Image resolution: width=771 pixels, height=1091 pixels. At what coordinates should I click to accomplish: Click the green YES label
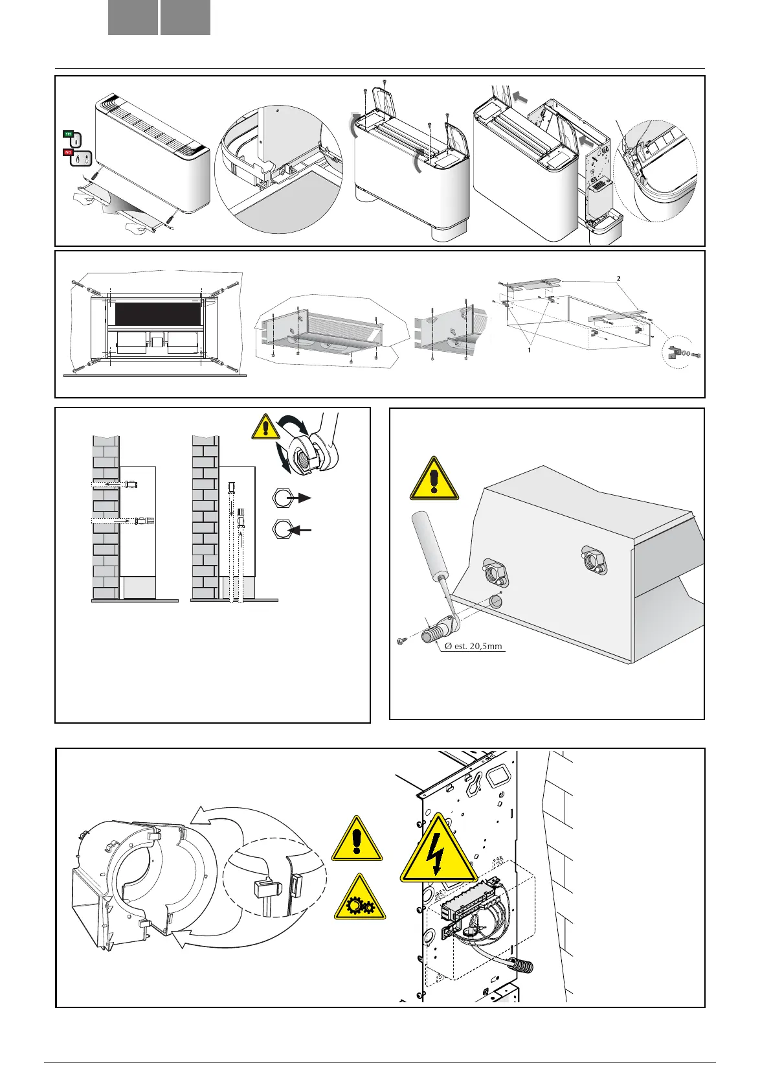pos(69,133)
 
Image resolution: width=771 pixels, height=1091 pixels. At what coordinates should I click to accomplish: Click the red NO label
pos(67,152)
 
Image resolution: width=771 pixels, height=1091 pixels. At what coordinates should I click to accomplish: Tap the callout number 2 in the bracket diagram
pos(618,278)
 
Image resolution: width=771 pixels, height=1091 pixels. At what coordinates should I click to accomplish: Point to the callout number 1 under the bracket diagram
pos(529,349)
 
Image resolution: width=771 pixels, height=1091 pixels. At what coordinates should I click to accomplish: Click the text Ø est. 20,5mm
pos(473,646)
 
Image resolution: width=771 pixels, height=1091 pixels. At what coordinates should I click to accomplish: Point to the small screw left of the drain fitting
pos(401,641)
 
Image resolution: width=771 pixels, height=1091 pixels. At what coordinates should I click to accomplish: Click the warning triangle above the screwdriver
pos(434,479)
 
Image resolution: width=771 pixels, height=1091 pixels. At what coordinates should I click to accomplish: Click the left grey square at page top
pos(133,17)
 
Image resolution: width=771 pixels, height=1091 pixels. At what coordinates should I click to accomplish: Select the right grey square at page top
pos(185,17)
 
